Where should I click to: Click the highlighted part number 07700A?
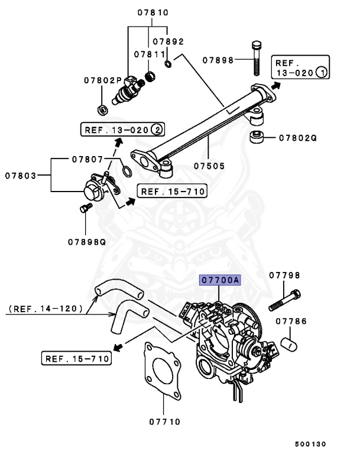(219, 280)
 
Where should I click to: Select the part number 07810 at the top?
(153, 12)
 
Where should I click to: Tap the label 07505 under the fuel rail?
(210, 166)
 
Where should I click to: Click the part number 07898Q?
(86, 241)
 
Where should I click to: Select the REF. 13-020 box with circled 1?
(300, 67)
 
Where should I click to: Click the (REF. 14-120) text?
(44, 309)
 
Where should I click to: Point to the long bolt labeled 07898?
(256, 59)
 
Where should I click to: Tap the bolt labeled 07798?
(285, 300)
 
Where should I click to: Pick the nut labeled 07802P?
(102, 109)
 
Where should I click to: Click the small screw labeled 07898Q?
(85, 208)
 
